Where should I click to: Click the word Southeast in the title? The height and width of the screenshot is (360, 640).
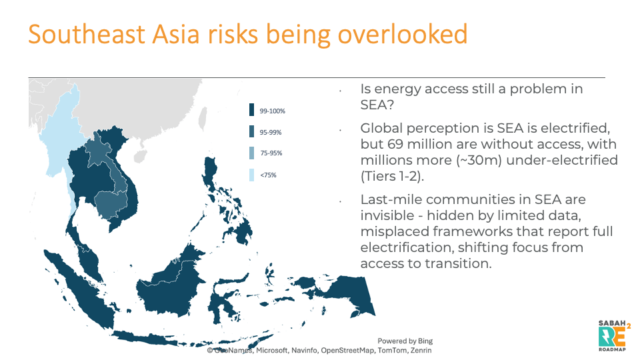87,34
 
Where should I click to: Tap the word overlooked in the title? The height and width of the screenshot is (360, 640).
403,34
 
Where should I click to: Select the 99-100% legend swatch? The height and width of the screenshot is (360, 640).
251,110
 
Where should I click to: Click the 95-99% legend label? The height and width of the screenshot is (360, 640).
271,132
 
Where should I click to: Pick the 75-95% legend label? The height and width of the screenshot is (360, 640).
271,153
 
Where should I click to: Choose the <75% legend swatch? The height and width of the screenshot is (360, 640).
251,175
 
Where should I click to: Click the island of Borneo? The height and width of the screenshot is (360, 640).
169,286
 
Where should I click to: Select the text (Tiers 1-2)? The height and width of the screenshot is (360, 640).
392,176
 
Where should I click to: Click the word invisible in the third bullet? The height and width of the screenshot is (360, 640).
387,215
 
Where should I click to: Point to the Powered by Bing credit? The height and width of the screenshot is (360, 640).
405,341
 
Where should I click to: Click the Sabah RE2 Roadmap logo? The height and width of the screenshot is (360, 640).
614,335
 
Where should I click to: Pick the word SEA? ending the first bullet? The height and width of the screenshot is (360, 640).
377,105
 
